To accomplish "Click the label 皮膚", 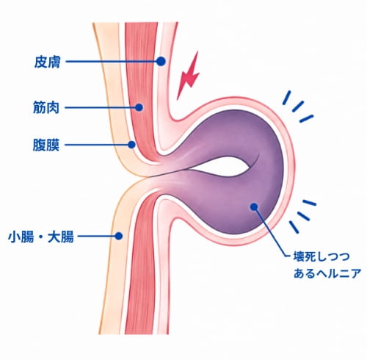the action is click(x=47, y=62).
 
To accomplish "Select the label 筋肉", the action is click(x=46, y=107).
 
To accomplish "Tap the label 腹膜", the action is click(x=46, y=145).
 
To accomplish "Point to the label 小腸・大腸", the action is click(x=41, y=237).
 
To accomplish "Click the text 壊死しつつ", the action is click(x=321, y=257).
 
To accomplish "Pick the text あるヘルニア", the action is click(x=327, y=273).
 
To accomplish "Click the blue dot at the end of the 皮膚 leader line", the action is click(x=161, y=61).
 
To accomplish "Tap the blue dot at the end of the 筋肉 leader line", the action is click(x=139, y=107).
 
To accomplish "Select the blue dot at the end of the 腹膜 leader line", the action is click(x=131, y=145).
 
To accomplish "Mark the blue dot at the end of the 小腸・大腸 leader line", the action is click(x=119, y=236).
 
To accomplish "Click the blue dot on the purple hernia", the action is click(x=254, y=207).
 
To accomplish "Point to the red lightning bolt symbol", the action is click(x=189, y=76).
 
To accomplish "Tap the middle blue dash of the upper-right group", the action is click(x=298, y=107).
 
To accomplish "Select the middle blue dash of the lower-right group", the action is click(x=303, y=216).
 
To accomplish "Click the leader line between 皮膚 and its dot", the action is click(x=112, y=62).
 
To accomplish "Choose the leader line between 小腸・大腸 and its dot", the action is click(x=96, y=237).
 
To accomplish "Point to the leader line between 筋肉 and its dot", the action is click(x=100, y=107).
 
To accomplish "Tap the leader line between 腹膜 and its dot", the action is click(x=96, y=145).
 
